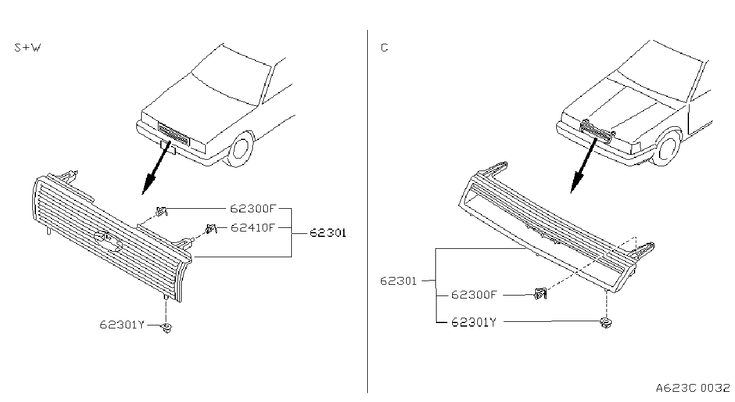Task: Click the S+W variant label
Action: click(x=28, y=48)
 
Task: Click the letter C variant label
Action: click(x=384, y=48)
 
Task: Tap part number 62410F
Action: click(x=252, y=227)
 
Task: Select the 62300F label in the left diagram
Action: click(x=253, y=208)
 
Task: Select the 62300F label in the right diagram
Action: click(x=474, y=295)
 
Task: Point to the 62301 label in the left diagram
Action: click(x=328, y=233)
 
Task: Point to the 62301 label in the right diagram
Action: click(x=398, y=281)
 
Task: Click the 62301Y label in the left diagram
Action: click(x=122, y=325)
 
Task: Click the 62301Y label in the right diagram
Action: click(x=474, y=322)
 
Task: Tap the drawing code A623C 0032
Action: click(x=693, y=388)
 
